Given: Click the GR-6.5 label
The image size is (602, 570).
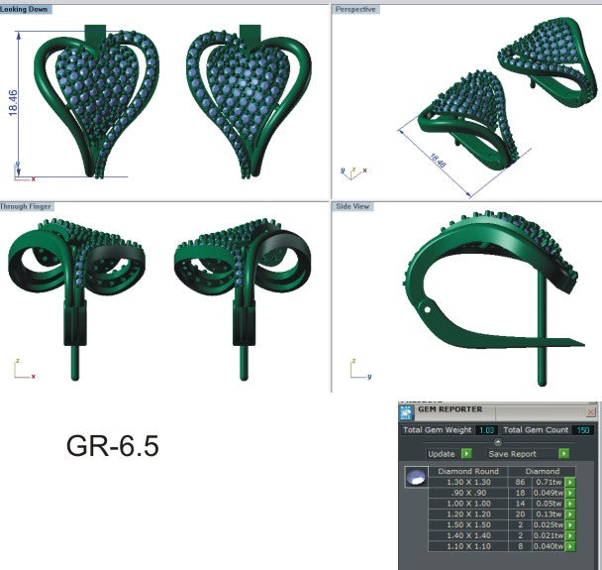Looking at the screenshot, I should pos(112,447).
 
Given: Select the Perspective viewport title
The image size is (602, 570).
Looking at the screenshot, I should pos(356,8).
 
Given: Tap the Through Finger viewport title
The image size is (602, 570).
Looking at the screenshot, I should pos(27,206).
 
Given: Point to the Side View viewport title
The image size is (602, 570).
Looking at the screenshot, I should pos(352,206).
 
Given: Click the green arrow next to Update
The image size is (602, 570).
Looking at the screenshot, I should pos(466,453).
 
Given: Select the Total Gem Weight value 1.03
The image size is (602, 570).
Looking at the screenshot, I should pos(486,430).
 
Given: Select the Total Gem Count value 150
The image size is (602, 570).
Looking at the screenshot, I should pos(582,430).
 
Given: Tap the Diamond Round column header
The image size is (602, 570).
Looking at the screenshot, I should pos(468,470).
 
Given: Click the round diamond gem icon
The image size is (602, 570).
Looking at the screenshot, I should pos(415,478).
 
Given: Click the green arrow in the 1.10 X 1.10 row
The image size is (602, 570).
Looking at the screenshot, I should pos(570,545).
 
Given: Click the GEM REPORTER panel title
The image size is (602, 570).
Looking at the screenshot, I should pos(451,409).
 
